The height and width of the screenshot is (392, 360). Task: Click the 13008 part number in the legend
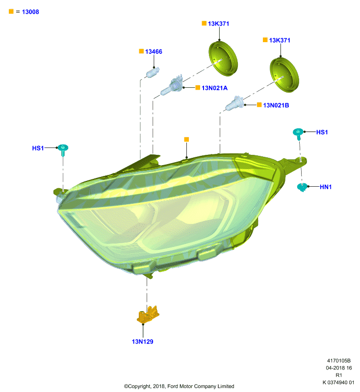coord(30,12)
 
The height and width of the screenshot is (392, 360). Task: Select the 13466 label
coord(154,51)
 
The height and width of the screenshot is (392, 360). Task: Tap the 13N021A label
coord(215,88)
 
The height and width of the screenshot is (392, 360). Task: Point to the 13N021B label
coord(276,105)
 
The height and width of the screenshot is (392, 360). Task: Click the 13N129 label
coord(142,342)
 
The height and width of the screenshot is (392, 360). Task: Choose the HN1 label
coord(326,187)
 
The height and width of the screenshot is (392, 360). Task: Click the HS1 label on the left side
coord(38,148)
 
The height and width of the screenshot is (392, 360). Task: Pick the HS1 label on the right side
coord(322,132)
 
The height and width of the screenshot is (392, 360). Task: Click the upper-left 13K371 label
coord(218,24)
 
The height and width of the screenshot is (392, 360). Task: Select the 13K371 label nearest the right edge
coord(280,40)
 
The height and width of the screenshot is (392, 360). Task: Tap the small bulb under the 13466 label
coord(153,73)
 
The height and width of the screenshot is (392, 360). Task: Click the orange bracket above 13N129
coord(148,315)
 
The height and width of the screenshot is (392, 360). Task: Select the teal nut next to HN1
coord(302,187)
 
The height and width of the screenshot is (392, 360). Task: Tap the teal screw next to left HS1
coord(63,150)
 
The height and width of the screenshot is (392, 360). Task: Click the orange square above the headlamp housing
coord(186,139)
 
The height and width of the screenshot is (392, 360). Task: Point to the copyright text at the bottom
coord(179,386)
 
